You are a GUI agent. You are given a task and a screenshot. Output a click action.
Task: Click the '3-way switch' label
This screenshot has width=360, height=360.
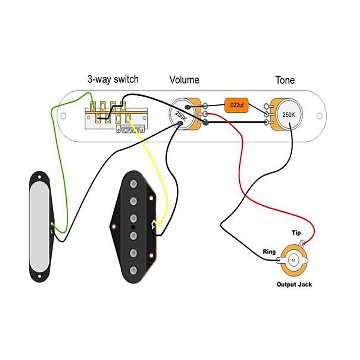click(113, 79)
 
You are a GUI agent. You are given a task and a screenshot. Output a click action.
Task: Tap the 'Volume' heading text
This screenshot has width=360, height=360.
click(184, 80)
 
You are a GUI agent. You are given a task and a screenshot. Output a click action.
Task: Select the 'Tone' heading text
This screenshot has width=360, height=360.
click(285, 80)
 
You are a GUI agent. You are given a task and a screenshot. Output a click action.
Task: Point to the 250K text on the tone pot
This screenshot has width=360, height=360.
click(289, 115)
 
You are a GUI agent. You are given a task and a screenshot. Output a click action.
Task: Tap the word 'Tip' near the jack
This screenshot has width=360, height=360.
click(296, 233)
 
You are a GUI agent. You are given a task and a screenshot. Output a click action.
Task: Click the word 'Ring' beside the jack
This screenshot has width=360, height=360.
click(269, 251)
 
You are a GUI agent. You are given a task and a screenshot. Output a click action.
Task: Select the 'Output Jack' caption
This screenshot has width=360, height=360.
click(294, 284)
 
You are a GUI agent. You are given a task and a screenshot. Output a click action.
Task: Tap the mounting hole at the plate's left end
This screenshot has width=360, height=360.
click(63, 115)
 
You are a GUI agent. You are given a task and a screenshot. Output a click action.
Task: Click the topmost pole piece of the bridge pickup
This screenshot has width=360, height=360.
click(133, 184)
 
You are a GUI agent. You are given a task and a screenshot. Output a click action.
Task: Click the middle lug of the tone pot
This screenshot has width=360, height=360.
click(266, 114)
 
